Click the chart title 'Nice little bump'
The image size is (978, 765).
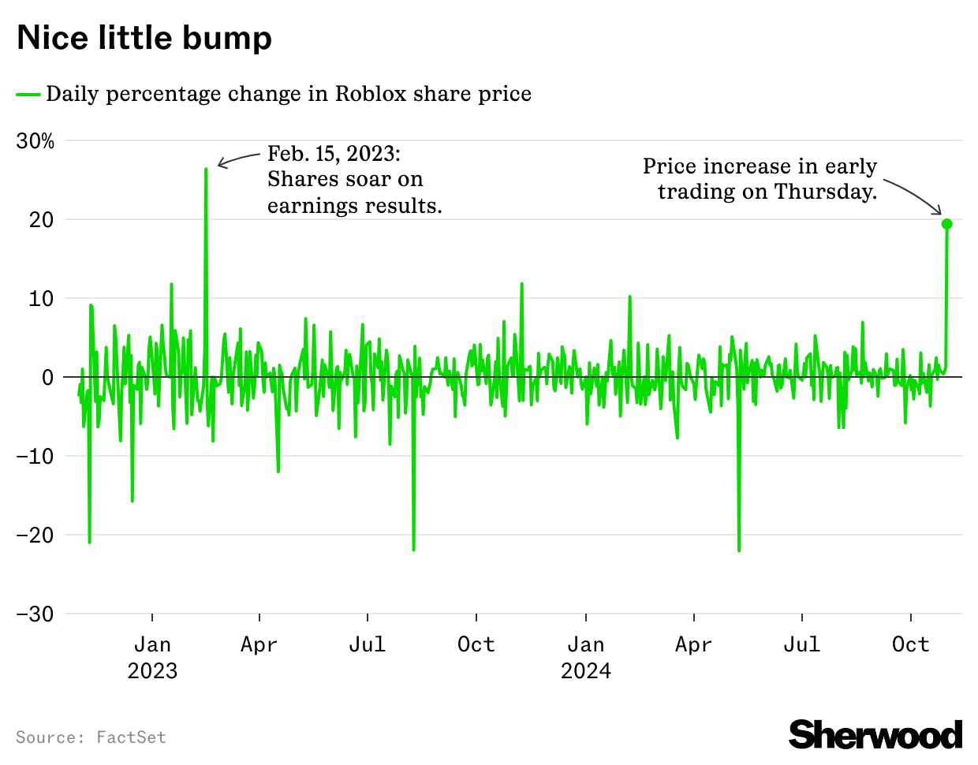coord(144,38)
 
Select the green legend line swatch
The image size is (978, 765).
coord(28,95)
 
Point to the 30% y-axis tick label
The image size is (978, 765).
coord(35,141)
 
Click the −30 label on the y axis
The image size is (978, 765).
coord(35,614)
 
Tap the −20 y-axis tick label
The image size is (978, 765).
coord(35,535)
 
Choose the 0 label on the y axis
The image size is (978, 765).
coord(47,378)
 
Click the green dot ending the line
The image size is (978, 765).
coord(946,224)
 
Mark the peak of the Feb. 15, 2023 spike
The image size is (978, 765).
coord(206,169)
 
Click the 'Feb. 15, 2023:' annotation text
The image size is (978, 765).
coord(334,153)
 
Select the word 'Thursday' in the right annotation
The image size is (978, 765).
coord(823,192)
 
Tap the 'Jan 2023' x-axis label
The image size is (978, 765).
coord(152,657)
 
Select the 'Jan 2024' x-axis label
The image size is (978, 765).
coord(586,657)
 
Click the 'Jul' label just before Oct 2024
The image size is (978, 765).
coord(801,644)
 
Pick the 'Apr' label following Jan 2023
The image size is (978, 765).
coord(259,644)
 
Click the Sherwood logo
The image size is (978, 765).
coord(875,734)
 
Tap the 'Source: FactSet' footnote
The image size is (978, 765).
coord(91,737)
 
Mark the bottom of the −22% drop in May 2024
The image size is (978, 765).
coord(739,550)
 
